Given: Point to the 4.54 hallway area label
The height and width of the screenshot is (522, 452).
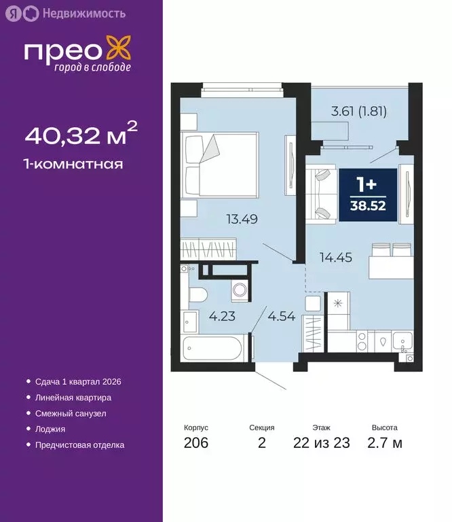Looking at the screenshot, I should [x=281, y=316].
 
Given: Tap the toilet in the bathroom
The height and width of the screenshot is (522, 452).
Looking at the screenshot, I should [x=196, y=294].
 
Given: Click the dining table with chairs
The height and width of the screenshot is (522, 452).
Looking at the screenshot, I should [x=390, y=260].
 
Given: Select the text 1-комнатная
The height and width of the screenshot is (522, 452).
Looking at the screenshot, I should [x=74, y=164].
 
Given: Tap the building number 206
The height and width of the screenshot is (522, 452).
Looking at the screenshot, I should [x=195, y=444].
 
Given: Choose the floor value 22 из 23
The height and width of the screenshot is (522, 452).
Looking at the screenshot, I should [x=322, y=444].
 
